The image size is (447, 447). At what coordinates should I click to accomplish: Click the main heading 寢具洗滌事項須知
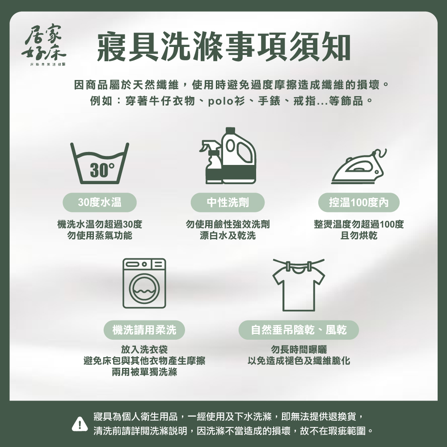click(224, 47)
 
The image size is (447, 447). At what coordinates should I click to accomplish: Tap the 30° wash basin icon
click(100, 163)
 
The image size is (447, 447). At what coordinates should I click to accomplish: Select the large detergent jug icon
click(239, 156)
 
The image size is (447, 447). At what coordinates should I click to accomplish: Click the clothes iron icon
click(359, 166)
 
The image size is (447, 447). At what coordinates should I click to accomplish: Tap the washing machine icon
click(144, 283)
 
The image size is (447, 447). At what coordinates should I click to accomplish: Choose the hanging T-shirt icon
click(299, 285)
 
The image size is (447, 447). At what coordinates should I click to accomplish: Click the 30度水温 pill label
click(100, 202)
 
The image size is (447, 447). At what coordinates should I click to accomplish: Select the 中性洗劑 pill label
click(228, 202)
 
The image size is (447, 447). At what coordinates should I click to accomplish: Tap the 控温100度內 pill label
click(358, 202)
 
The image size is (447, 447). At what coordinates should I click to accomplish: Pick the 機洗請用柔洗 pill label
click(144, 330)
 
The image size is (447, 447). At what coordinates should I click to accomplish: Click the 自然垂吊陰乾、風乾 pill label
click(299, 330)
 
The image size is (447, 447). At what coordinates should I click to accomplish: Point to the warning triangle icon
click(80, 424)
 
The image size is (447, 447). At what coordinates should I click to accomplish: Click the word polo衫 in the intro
click(227, 101)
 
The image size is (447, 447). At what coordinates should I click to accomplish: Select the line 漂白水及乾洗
click(228, 236)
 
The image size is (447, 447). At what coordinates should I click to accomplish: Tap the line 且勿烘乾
click(358, 236)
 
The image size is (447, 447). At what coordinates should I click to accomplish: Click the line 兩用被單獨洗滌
click(144, 372)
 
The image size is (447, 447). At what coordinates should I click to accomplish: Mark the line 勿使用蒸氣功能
click(100, 236)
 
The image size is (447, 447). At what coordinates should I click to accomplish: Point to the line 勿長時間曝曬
click(299, 349)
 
